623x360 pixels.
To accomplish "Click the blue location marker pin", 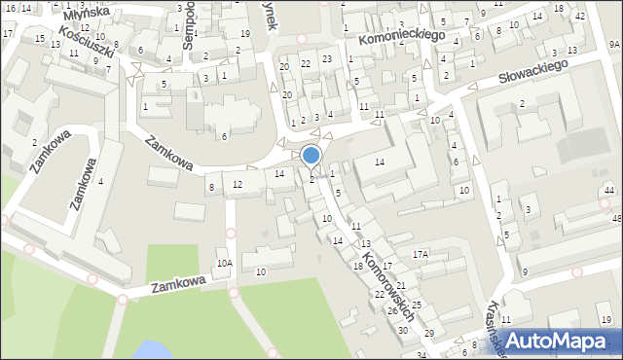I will (x=311, y=155).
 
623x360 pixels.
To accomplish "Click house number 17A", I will (x=420, y=254).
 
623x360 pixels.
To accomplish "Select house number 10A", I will (x=225, y=263).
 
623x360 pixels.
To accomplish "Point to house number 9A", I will (x=614, y=45).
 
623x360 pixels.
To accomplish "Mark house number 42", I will (x=580, y=17).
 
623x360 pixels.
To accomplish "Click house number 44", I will (x=608, y=191).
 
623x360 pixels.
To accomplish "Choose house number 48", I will (x=616, y=219).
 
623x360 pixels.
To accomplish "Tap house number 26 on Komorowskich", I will (x=392, y=311).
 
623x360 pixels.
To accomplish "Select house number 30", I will (x=403, y=331).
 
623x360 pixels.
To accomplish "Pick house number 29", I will (x=429, y=334).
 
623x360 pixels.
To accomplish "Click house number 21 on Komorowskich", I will (x=400, y=285).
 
